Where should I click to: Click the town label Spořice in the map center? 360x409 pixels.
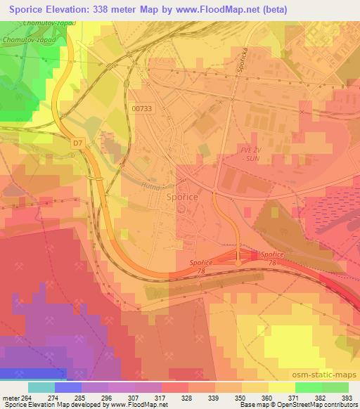(181, 198)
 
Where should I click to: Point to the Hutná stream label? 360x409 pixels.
(153, 187)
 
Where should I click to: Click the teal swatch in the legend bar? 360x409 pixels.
(41, 387)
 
